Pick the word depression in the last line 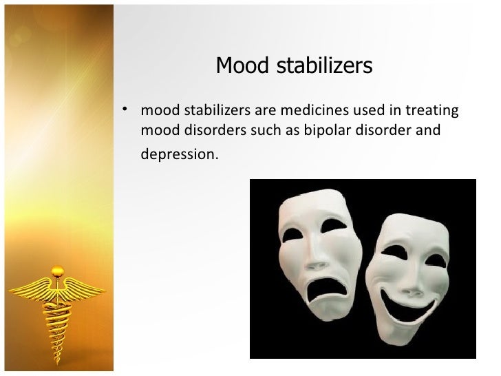click(178, 154)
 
